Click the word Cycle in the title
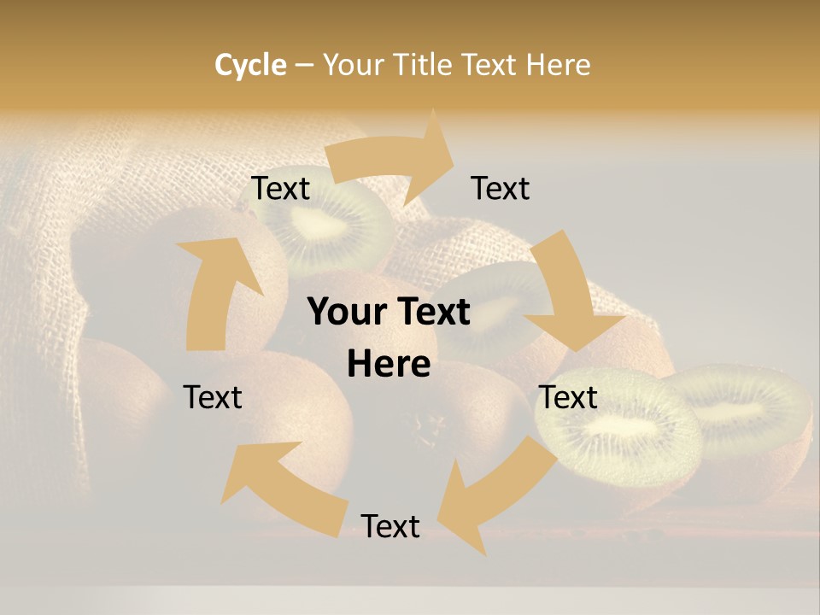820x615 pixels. (250, 64)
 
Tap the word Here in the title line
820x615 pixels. (559, 64)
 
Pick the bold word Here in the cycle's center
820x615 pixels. (389, 365)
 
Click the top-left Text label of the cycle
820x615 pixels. (280, 189)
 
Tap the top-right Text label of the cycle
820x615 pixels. (501, 189)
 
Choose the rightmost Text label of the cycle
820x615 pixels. (568, 397)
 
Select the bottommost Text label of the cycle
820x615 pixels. (390, 526)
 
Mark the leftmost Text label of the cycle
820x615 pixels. (213, 397)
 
